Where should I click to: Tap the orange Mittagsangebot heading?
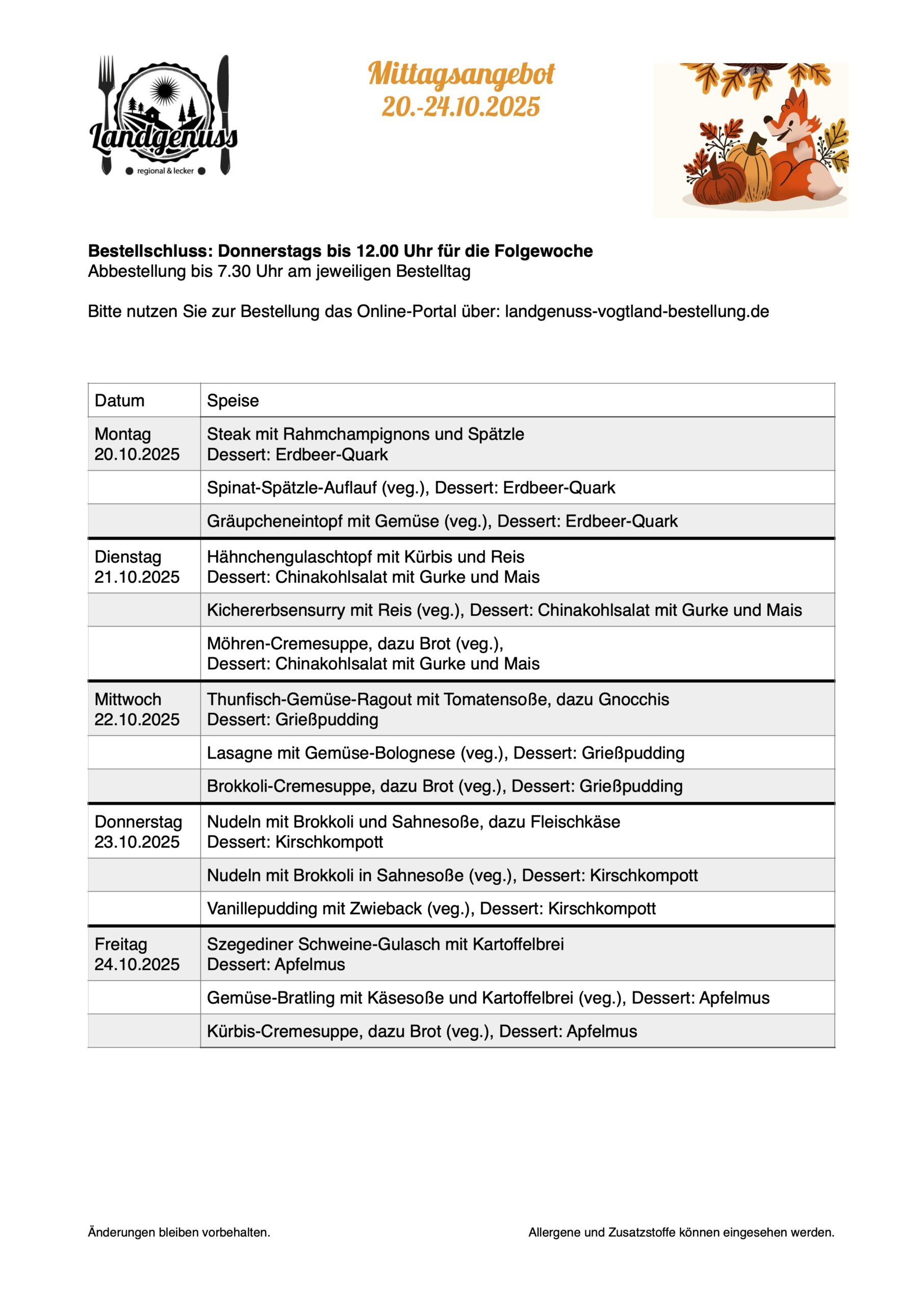pyautogui.click(x=461, y=74)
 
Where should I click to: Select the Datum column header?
pyautogui.click(x=119, y=401)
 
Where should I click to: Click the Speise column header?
pyautogui.click(x=233, y=401)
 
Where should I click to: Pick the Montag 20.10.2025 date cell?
pyautogui.click(x=137, y=444)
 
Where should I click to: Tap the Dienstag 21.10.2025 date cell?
pyautogui.click(x=137, y=567)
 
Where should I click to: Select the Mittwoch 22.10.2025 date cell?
pyautogui.click(x=137, y=709)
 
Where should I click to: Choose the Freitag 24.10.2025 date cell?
pyautogui.click(x=137, y=954)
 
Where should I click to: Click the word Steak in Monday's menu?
pyautogui.click(x=228, y=434)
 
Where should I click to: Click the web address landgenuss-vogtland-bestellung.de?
pyautogui.click(x=636, y=311)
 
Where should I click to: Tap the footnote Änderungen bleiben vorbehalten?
pyautogui.click(x=179, y=1232)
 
